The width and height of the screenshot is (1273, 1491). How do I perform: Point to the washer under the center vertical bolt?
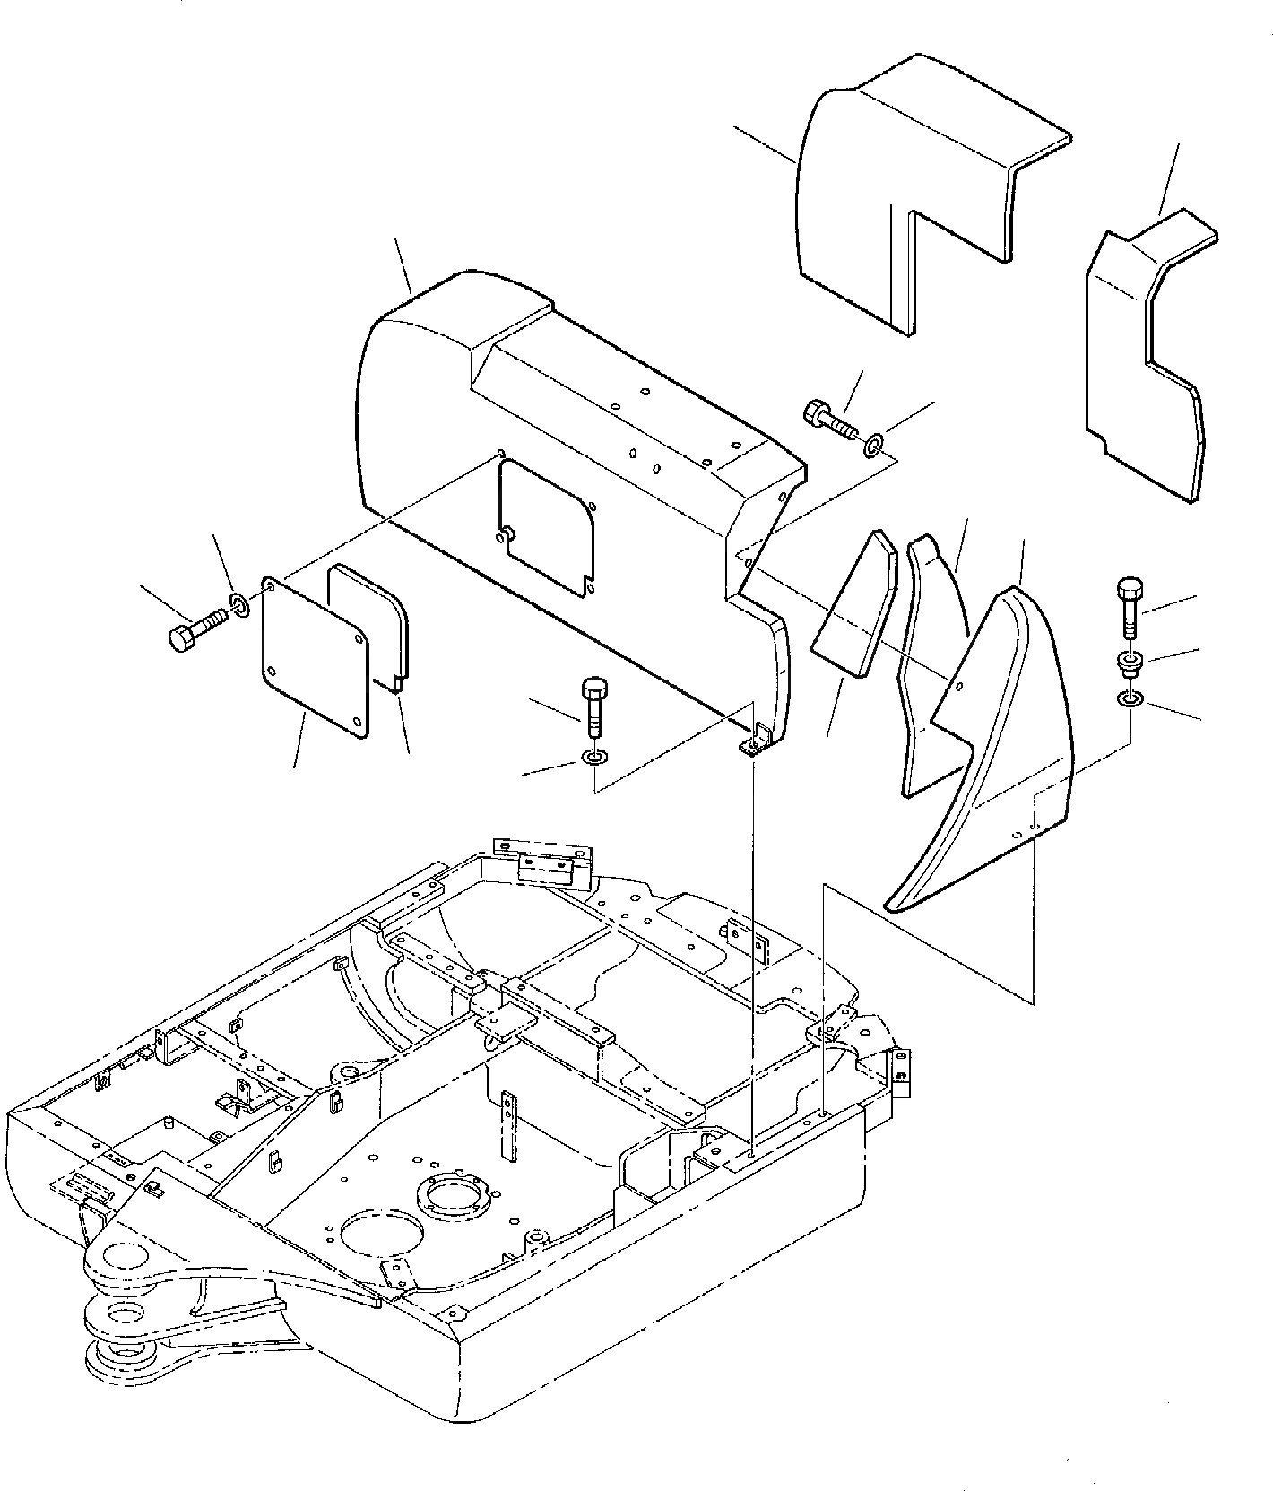tap(593, 759)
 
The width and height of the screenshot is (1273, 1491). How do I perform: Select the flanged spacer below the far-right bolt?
tap(1130, 664)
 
